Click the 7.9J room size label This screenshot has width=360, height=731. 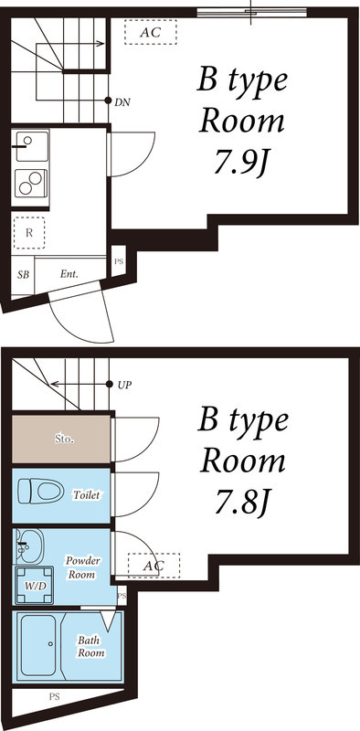[241, 164]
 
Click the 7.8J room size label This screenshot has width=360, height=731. [242, 502]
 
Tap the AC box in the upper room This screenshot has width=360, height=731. [150, 33]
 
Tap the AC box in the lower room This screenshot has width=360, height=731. [153, 566]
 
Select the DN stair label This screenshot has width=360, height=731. [122, 101]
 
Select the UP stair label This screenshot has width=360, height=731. [124, 385]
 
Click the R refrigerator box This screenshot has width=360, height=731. [30, 231]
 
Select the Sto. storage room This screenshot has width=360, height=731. [62, 440]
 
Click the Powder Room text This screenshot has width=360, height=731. [83, 567]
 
